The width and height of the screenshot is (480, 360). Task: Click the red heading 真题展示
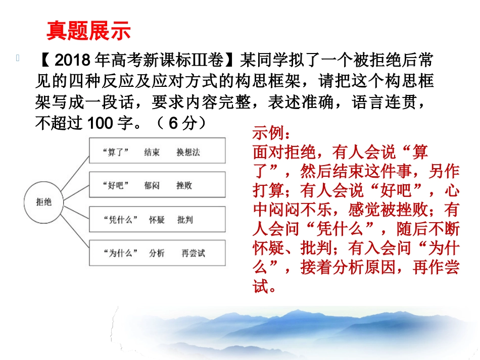[88, 31]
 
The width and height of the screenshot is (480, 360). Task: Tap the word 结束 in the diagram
[152, 152]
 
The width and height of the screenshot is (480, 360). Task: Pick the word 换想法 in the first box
[188, 152]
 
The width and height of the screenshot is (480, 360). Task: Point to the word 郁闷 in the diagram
[152, 185]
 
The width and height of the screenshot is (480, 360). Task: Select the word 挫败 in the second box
[184, 185]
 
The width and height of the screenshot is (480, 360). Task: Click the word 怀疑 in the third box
[157, 219]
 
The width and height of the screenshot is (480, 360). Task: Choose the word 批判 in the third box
[185, 219]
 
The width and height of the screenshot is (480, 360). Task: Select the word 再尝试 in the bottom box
[193, 253]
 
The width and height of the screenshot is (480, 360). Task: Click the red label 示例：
[271, 135]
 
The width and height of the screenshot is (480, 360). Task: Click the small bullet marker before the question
[19, 58]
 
